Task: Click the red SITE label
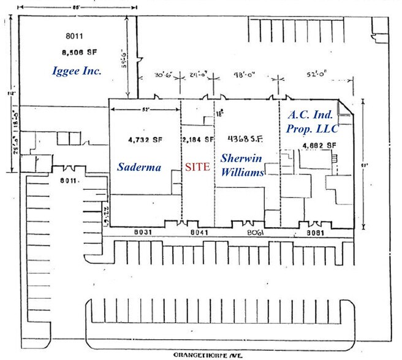point(198,167)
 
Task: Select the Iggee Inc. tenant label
point(77,72)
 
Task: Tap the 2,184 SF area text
point(198,138)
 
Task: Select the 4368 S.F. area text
point(245,138)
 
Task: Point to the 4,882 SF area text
point(318,144)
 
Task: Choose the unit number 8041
point(195,232)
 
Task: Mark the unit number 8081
point(316,232)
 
